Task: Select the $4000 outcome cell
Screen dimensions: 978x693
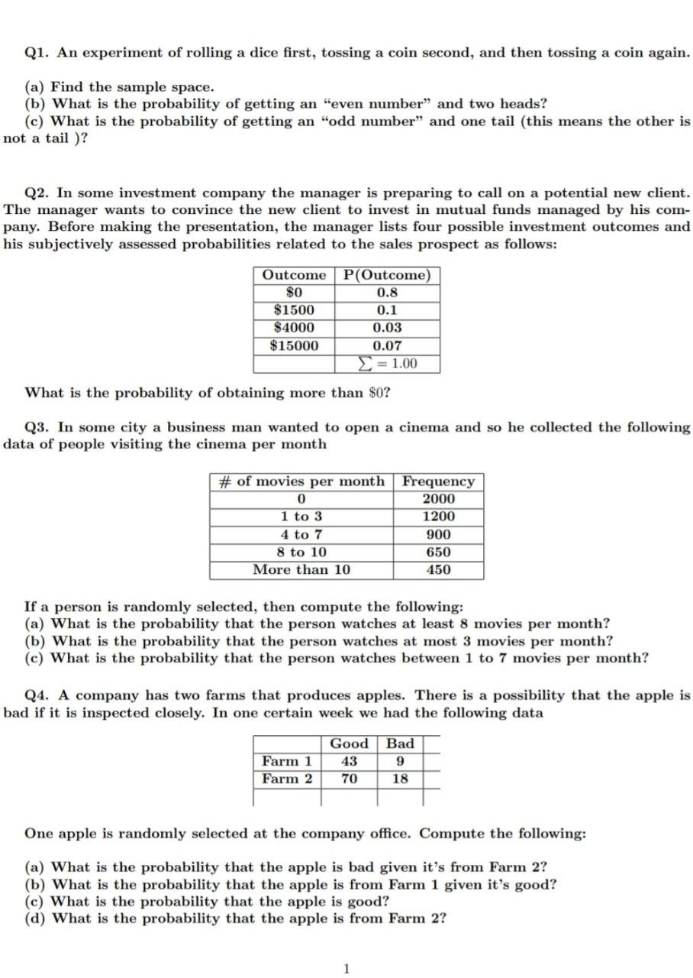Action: click(x=294, y=327)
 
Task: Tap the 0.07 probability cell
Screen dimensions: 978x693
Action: click(x=388, y=345)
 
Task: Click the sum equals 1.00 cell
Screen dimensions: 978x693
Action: click(x=388, y=364)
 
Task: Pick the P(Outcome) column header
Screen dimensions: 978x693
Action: click(x=388, y=275)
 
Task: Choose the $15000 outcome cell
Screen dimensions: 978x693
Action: click(x=294, y=345)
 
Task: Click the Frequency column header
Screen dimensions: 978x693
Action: click(x=438, y=481)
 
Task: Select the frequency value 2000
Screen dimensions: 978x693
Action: click(x=438, y=499)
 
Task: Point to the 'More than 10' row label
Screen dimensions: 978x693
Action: click(x=301, y=569)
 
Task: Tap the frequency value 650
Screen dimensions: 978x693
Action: click(x=438, y=552)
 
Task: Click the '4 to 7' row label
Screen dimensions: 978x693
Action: click(x=301, y=535)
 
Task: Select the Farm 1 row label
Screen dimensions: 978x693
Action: click(x=287, y=761)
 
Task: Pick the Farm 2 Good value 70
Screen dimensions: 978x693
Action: click(x=349, y=779)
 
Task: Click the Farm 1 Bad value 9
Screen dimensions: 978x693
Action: click(x=400, y=761)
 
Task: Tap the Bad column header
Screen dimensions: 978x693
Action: click(x=400, y=743)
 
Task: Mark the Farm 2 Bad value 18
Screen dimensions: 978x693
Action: click(x=400, y=779)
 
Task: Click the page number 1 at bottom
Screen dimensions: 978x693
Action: click(x=347, y=969)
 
